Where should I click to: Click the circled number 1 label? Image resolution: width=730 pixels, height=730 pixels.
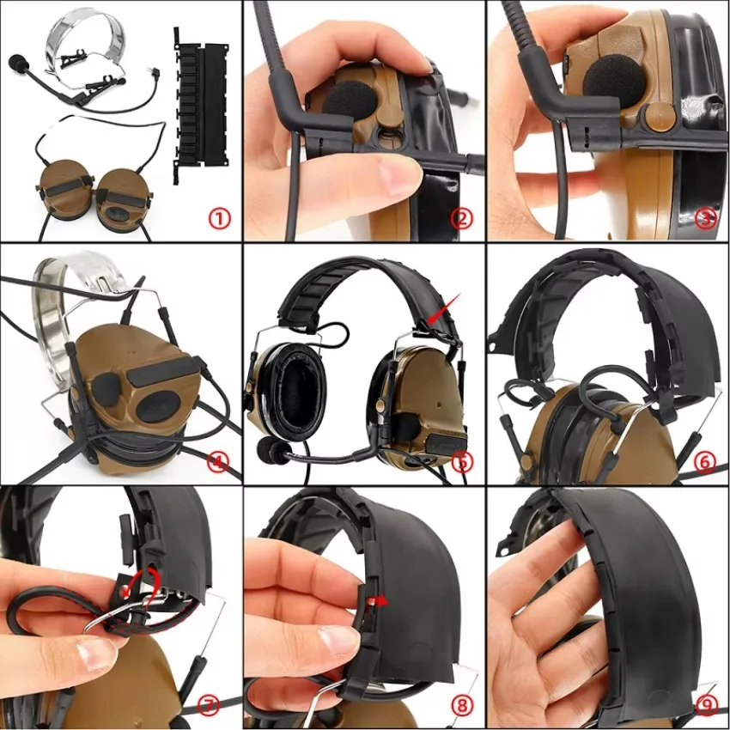[219, 218]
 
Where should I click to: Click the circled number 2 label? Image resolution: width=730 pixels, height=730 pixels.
[461, 218]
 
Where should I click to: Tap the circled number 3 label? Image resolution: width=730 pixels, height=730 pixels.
[705, 218]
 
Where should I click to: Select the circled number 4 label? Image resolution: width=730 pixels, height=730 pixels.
[219, 462]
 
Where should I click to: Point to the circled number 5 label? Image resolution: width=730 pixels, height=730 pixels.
[462, 462]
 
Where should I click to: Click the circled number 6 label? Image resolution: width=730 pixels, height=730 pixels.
[704, 462]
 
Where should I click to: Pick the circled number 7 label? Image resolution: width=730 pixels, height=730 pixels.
[208, 706]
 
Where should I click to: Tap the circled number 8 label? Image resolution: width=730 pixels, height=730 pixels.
[461, 706]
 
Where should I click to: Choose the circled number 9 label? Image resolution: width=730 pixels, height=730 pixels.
[706, 706]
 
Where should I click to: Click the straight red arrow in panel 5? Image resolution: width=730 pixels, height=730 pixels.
[444, 308]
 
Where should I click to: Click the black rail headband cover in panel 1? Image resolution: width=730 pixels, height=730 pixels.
[202, 106]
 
